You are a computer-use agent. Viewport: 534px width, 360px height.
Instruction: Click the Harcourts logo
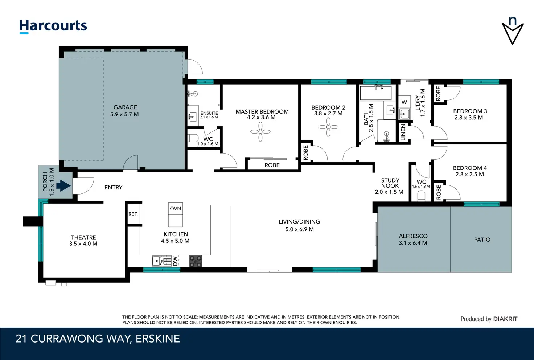pos(53,26)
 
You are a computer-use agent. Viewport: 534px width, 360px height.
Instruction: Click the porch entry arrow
pos(63,185)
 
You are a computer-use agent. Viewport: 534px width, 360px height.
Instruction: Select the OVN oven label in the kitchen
pos(176,209)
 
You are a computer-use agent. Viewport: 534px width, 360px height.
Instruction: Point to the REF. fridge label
pos(133,214)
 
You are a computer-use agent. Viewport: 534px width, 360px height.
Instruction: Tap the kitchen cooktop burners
pos(196,261)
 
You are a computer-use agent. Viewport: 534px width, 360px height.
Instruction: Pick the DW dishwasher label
pos(176,261)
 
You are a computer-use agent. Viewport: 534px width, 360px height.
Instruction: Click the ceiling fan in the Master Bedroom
pos(260,132)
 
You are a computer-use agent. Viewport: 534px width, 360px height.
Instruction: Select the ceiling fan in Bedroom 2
pos(328,127)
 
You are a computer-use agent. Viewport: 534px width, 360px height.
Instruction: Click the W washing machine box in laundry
pos(404,102)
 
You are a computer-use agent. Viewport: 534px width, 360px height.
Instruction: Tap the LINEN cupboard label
pos(403,132)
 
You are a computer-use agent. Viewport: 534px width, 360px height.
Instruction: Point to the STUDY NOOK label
pos(390,183)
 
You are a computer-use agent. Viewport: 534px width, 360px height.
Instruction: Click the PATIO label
pos(482,240)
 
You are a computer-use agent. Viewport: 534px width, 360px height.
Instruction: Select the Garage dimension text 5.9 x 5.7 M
pos(124,114)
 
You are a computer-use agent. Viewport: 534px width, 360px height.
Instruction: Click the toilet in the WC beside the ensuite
pos(193,138)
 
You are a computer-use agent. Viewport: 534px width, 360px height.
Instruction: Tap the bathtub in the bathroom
pos(376,93)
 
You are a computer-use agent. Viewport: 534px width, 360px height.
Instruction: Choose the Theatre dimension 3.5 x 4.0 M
pos(83,244)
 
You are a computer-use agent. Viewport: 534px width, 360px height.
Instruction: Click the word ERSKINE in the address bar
pos(158,339)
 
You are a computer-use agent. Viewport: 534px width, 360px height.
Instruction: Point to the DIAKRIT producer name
pos(505,319)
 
